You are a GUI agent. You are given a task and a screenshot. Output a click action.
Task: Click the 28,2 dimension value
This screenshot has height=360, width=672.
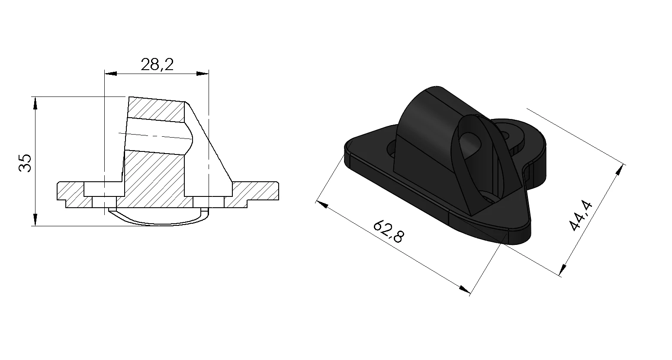[x=157, y=64]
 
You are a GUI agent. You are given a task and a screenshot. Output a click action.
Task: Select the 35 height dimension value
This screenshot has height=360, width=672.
[x=25, y=163]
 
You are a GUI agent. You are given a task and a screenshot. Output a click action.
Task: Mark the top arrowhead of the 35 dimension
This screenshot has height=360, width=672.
[x=35, y=103]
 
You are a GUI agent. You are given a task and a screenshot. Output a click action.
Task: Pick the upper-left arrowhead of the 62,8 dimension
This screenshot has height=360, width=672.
[x=322, y=205]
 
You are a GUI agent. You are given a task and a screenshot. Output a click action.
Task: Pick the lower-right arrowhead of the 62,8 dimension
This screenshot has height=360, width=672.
[x=465, y=289]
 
